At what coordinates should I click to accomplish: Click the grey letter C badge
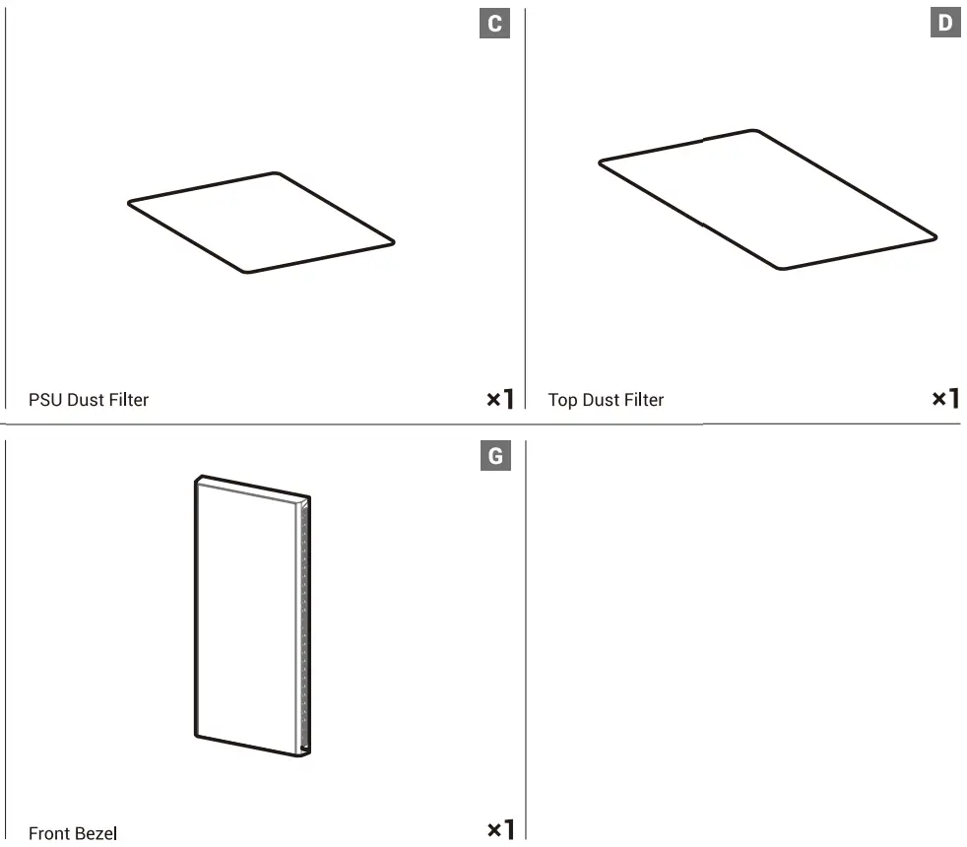[x=494, y=23]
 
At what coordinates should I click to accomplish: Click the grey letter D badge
[x=945, y=23]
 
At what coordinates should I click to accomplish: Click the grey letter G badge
[x=494, y=456]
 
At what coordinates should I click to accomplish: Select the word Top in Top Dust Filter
[x=562, y=400]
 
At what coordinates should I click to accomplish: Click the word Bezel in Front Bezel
[x=97, y=834]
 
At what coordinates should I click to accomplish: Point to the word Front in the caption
[x=49, y=834]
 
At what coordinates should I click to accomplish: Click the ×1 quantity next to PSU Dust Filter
[x=500, y=399]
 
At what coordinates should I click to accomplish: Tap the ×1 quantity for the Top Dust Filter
[x=945, y=399]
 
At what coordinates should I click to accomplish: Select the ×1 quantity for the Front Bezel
[x=500, y=830]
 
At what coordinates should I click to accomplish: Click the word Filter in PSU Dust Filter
[x=127, y=400]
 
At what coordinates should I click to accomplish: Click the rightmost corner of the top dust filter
[x=935, y=237]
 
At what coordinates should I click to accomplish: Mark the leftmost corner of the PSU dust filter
[x=130, y=204]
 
